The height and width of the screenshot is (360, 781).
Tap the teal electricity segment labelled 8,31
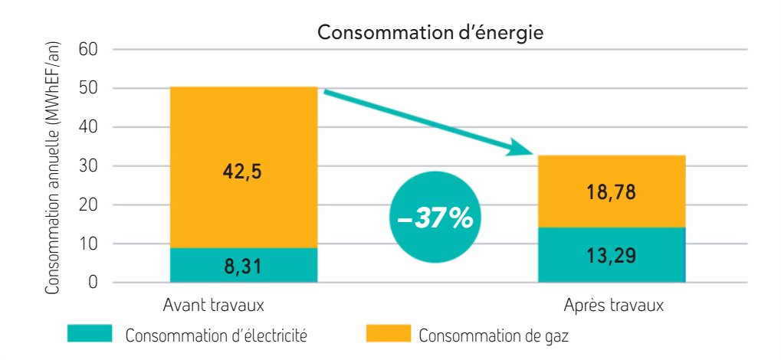243,265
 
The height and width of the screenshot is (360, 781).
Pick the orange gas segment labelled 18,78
611,191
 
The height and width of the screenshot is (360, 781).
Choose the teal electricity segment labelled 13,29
611,255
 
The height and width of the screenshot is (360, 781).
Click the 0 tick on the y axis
93,283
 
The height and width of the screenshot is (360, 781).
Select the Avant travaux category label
214,305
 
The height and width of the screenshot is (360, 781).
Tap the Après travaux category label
613,305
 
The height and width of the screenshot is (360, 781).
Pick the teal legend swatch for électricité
90,333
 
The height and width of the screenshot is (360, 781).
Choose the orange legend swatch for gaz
388,333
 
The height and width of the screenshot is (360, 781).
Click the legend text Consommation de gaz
494,335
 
